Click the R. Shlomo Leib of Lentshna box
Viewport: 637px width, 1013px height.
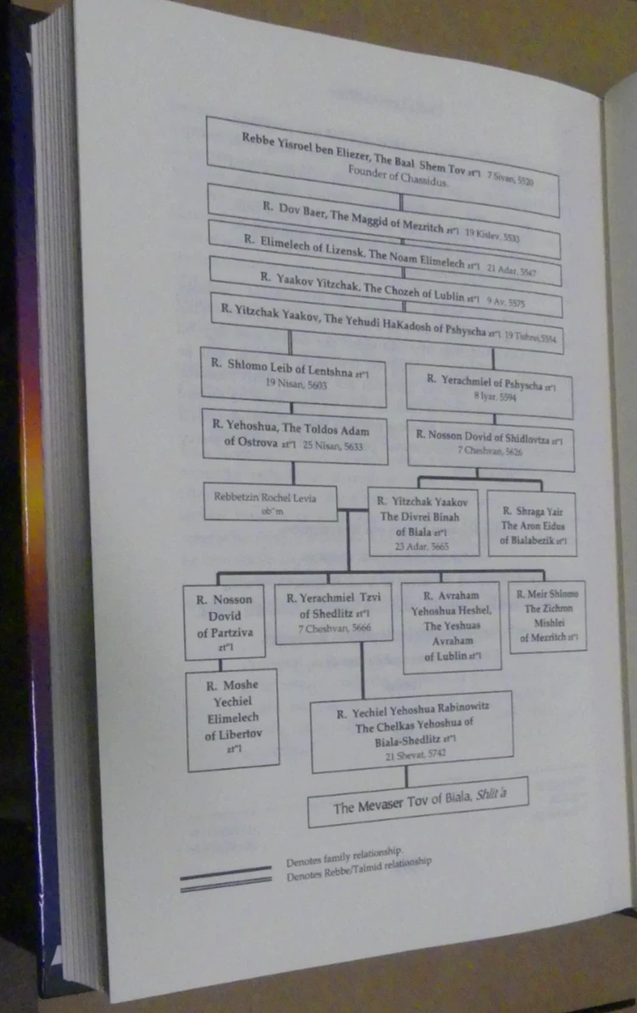point(293,377)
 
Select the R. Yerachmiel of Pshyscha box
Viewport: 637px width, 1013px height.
point(489,389)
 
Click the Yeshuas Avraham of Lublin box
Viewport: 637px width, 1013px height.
point(450,625)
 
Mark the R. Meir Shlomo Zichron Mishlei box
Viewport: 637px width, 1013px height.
point(547,615)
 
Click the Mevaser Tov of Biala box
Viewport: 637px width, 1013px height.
point(417,803)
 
